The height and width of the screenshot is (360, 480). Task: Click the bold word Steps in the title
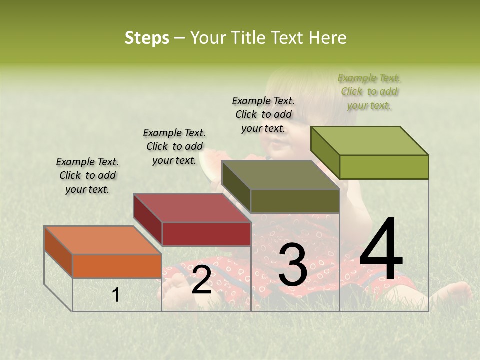point(147,38)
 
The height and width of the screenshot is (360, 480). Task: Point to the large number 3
point(292,266)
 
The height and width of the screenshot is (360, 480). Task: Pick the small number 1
point(115,295)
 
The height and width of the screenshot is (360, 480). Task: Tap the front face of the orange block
point(117,266)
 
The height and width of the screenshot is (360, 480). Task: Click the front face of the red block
point(206,234)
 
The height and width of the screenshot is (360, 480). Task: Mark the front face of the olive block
point(295,201)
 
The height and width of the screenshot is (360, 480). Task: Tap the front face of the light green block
point(384,167)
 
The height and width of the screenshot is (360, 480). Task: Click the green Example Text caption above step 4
point(369,92)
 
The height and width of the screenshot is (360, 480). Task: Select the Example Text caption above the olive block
point(263,114)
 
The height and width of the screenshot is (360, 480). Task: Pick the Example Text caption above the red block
point(174,146)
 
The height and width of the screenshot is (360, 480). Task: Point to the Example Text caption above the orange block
point(87,175)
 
